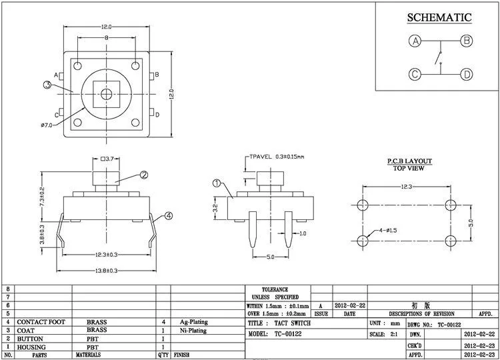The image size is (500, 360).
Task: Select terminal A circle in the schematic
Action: pyautogui.click(x=415, y=41)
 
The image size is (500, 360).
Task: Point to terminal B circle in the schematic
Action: pyautogui.click(x=467, y=41)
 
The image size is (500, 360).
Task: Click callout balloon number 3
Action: pyautogui.click(x=48, y=85)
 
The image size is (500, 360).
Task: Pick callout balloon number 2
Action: pyautogui.click(x=143, y=175)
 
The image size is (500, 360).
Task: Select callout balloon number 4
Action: pyautogui.click(x=169, y=215)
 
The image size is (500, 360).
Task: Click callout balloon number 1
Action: pyautogui.click(x=216, y=183)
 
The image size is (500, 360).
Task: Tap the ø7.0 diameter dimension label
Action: pyautogui.click(x=47, y=125)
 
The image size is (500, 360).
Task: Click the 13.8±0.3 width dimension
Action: pyautogui.click(x=107, y=270)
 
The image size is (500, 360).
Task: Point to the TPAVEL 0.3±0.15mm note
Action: pyautogui.click(x=276, y=157)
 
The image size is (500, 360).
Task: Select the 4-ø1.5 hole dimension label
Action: pyautogui.click(x=388, y=230)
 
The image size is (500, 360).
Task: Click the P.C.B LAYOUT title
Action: pyautogui.click(x=410, y=161)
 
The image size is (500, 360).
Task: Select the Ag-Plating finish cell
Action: pyautogui.click(x=193, y=321)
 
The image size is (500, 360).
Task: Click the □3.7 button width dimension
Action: pyautogui.click(x=109, y=159)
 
